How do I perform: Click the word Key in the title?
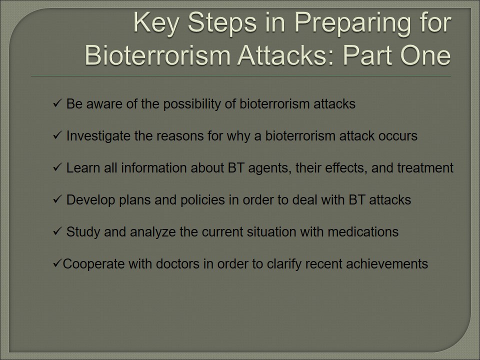click(x=156, y=23)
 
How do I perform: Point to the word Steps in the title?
click(x=222, y=23)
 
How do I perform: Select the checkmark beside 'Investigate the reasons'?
click(x=57, y=135)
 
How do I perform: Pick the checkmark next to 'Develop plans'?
click(x=57, y=199)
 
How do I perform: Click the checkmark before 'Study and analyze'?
click(x=57, y=231)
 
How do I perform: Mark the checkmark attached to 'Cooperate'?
click(x=57, y=263)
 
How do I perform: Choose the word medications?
click(x=363, y=232)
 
